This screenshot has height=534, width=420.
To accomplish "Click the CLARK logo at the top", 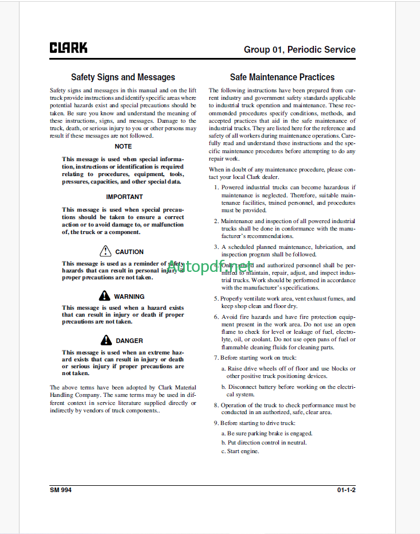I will pos(68,48).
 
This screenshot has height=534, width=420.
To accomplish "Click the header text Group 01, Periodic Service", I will pos(300,49).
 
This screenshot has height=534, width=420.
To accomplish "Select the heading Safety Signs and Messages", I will pos(123,77).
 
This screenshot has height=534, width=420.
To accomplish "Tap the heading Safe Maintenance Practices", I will pos(282,77).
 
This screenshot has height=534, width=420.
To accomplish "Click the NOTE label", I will pos(123,146).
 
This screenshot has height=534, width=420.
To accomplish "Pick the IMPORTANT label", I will pos(125,197).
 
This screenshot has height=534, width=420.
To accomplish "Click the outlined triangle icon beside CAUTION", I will pos(105,251).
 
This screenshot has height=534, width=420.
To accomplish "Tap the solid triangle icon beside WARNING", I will pos(104,296).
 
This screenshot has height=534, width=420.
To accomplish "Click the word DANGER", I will pos(130,341).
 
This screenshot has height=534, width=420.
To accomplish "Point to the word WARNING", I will pos(129,297).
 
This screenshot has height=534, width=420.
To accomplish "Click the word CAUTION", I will pos(130,252).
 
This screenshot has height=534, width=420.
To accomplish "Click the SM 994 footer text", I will pos(61,490).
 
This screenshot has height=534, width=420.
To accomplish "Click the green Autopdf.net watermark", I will pos(210,267).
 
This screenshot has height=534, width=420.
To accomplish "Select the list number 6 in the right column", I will pos(216,317).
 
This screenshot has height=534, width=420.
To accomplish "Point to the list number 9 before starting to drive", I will pos(216,423).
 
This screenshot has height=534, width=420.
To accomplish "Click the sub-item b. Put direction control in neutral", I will pos(263,442).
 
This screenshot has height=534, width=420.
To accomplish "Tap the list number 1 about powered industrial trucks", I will pos(216,187).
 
